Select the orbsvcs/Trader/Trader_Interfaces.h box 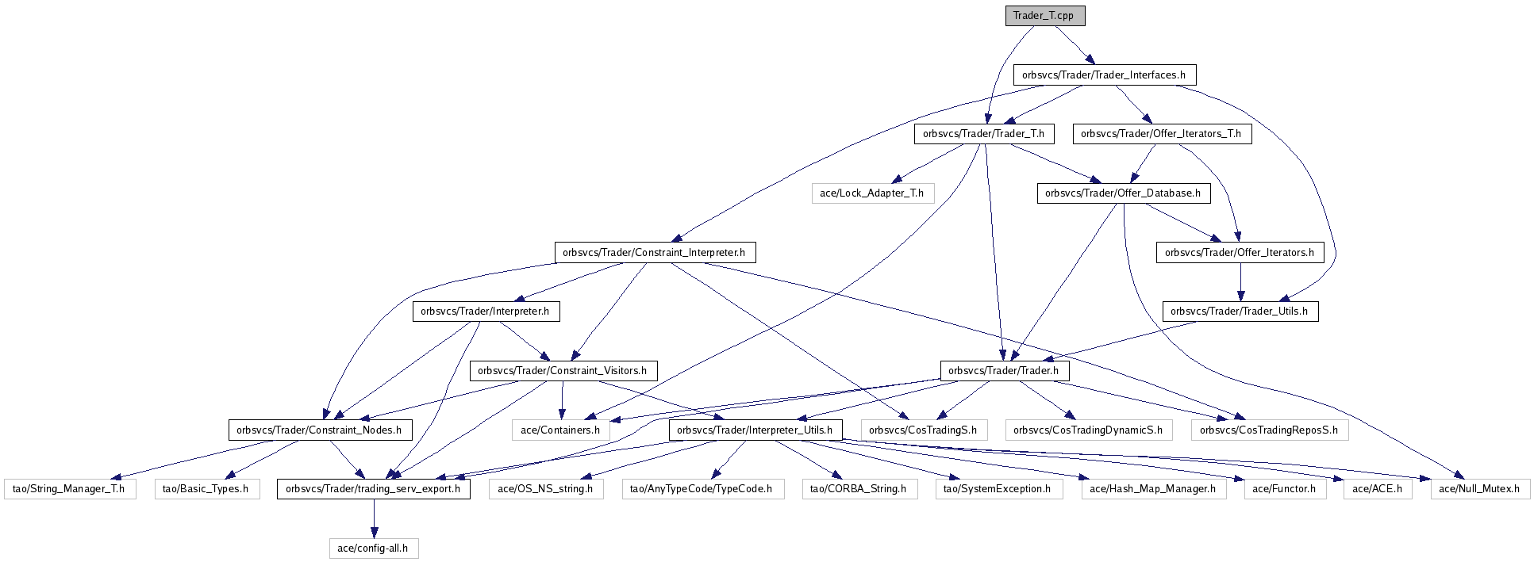click(1104, 75)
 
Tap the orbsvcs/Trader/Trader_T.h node click(984, 134)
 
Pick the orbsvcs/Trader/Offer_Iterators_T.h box click(1162, 134)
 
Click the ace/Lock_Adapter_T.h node click(872, 193)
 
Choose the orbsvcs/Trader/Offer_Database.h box click(1123, 193)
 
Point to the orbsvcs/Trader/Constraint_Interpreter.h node click(654, 253)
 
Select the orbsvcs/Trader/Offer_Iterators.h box click(1240, 253)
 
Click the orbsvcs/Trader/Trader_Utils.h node click(1240, 312)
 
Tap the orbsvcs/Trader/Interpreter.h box click(485, 312)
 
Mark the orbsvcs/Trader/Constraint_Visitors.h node click(563, 371)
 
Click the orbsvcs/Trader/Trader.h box click(1004, 371)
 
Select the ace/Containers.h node click(560, 430)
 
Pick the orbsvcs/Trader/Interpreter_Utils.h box click(755, 430)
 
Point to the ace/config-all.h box click(373, 549)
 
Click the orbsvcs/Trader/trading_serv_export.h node click(373, 489)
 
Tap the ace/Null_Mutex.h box click(1480, 489)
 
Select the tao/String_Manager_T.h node click(69, 489)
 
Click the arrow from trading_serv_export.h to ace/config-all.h click(373, 518)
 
